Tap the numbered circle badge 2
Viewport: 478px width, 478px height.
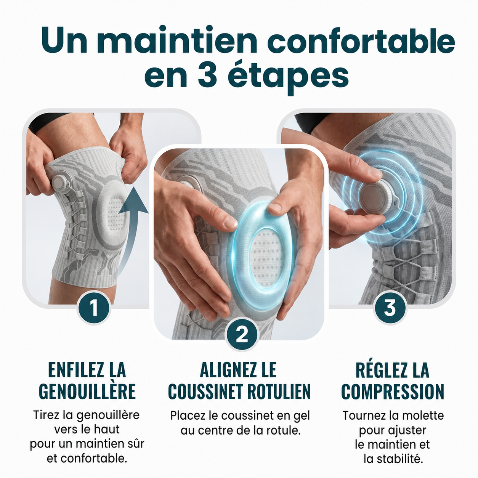[242, 335]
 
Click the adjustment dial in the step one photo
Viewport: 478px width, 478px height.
[61, 184]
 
